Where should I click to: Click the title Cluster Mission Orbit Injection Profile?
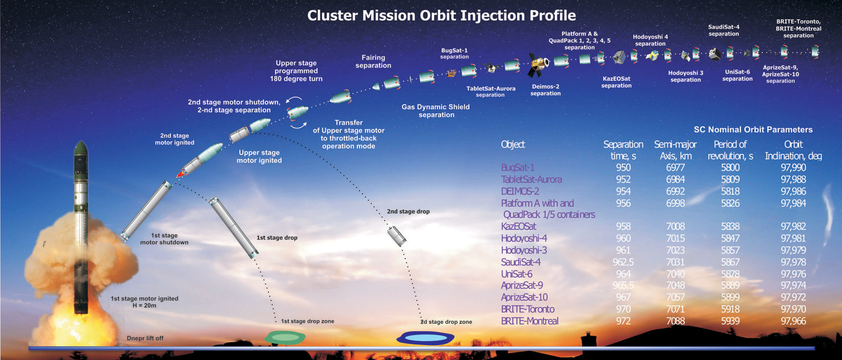441,15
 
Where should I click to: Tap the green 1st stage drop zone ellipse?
285,337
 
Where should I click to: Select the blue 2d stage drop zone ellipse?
425,338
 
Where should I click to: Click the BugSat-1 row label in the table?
518,167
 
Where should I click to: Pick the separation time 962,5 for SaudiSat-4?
623,262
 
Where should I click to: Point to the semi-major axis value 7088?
676,321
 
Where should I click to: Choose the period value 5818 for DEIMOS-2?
730,191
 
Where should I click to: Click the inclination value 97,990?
793,167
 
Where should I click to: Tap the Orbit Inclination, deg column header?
793,150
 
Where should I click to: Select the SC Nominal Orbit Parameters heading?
753,130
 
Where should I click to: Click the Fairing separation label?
373,61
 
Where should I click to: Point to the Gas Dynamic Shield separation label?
436,111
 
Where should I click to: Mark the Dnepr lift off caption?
145,338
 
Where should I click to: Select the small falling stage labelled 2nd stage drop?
397,235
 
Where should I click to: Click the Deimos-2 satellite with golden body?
538,63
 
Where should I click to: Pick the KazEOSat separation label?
616,82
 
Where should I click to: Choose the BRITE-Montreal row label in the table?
530,321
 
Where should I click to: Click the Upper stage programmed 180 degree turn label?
296,71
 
